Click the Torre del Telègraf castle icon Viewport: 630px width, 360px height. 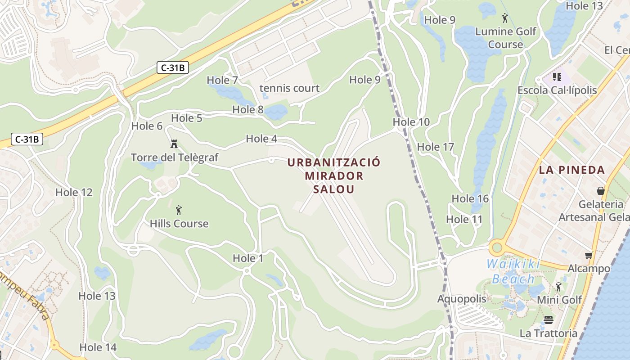(x=174, y=144)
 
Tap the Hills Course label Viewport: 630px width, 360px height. (x=179, y=224)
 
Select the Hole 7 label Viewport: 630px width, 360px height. (x=222, y=80)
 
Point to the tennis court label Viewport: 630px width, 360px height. (x=289, y=88)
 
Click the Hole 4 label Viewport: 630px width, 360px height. (x=261, y=139)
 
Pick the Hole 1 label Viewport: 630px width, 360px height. (x=248, y=258)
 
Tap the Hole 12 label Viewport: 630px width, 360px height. (x=74, y=193)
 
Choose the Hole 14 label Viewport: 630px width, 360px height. (x=98, y=347)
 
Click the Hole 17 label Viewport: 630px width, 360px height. (x=436, y=147)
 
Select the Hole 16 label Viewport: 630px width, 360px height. (x=470, y=198)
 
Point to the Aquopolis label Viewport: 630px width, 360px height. (x=462, y=299)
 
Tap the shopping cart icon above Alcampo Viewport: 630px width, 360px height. (x=589, y=256)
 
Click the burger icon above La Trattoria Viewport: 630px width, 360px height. (x=549, y=320)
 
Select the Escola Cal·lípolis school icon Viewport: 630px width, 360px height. (x=557, y=77)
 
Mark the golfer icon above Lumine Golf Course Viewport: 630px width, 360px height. (x=505, y=18)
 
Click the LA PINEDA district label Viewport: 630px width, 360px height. (x=572, y=170)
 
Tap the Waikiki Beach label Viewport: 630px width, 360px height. (x=513, y=271)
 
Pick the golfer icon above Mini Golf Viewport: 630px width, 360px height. (x=558, y=287)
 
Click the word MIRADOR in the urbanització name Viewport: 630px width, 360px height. (x=334, y=175)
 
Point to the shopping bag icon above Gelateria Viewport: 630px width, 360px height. (x=600, y=191)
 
